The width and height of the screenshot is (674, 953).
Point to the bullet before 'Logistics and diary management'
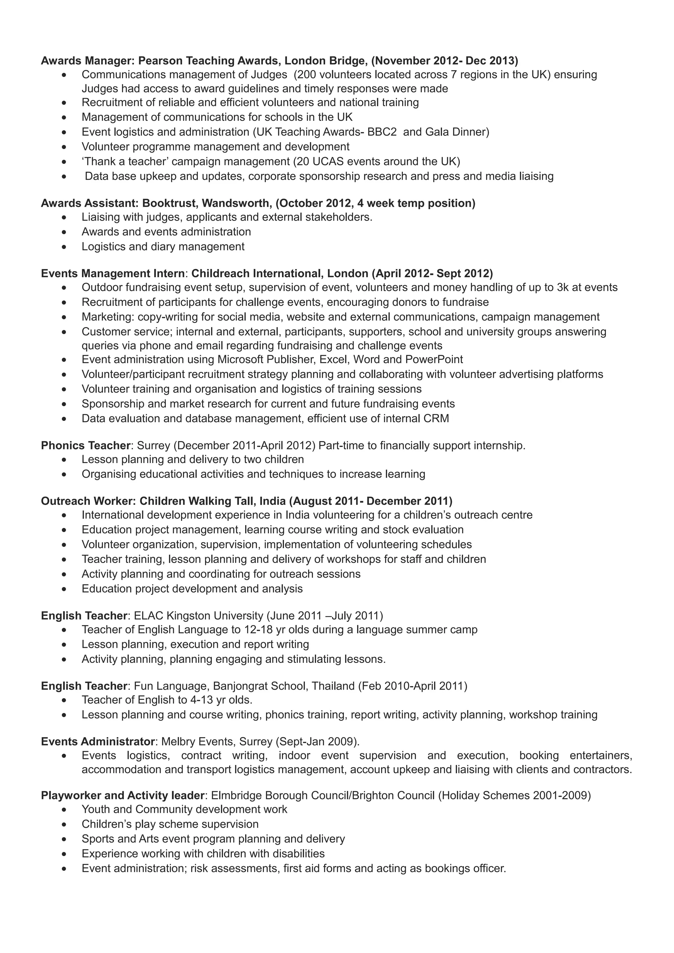(x=64, y=247)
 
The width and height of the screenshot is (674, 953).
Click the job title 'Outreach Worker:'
(x=88, y=501)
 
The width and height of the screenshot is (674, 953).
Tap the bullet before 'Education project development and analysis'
(x=64, y=589)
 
